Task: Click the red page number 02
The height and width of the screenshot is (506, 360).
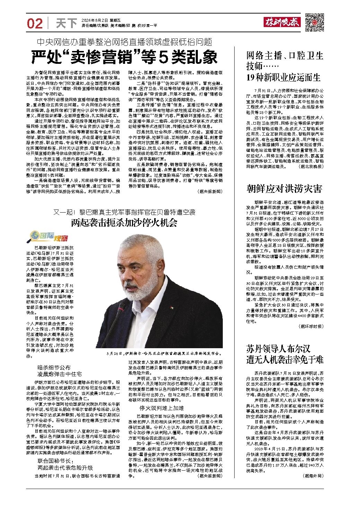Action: [35, 23]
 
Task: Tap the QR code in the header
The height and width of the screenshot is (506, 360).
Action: [315, 22]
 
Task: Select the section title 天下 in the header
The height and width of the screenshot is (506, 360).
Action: [66, 23]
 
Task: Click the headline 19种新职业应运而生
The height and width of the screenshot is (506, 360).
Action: [283, 77]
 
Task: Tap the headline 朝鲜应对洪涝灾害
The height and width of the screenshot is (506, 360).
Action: [284, 189]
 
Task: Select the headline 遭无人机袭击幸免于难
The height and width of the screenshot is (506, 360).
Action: [284, 359]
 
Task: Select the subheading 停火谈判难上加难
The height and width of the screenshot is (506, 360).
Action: [157, 408]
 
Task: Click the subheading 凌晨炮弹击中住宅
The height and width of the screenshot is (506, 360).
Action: [60, 374]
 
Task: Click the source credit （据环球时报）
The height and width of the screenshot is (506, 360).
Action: [310, 326]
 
